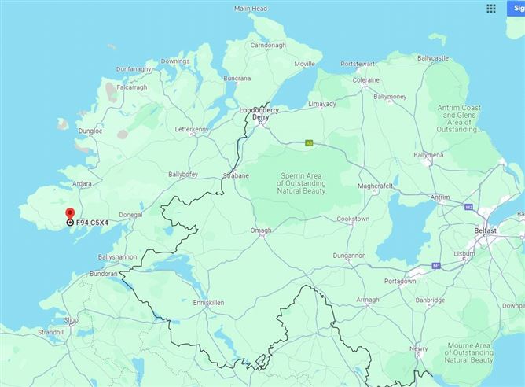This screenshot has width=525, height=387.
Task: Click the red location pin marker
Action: click(70, 213)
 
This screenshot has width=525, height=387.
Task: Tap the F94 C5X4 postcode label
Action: click(92, 223)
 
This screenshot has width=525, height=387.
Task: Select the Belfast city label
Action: click(486, 230)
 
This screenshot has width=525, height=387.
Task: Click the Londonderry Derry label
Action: click(260, 113)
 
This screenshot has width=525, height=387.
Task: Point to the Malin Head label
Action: click(251, 9)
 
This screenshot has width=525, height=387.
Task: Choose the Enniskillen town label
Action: click(209, 301)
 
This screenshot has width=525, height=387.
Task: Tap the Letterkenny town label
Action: click(192, 128)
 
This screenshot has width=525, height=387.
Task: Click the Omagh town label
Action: click(260, 230)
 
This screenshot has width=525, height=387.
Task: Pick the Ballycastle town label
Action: click(433, 58)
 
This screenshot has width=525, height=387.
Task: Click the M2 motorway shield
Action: click(468, 207)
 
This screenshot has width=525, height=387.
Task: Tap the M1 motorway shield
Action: click(435, 267)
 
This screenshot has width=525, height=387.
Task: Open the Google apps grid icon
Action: click(491, 9)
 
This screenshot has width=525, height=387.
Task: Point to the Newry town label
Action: click(419, 348)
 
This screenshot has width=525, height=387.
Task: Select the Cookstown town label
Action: click(353, 219)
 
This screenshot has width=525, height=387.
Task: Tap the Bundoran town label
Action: click(102, 274)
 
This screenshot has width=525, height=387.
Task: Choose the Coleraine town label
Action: click(366, 79)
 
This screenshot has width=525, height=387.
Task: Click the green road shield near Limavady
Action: click(310, 143)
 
